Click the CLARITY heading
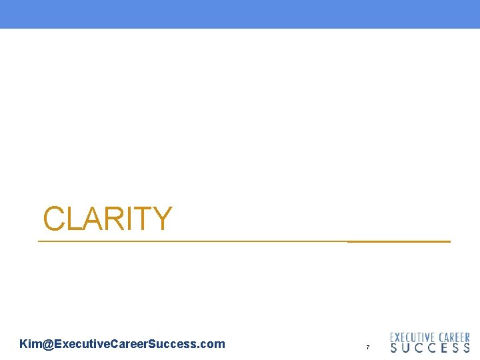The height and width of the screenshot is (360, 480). (x=107, y=219)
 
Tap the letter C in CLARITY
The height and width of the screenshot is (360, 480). (x=54, y=219)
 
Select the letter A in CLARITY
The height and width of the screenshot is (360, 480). (x=91, y=219)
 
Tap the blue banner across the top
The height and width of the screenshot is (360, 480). (x=240, y=14)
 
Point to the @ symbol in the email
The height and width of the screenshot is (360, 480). (x=47, y=344)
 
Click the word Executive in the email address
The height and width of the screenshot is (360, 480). (x=77, y=344)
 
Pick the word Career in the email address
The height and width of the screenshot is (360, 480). (x=125, y=344)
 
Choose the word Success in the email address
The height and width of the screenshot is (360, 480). (x=172, y=344)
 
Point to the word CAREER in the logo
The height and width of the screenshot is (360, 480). (x=453, y=338)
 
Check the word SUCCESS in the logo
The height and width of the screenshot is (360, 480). (x=430, y=348)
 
